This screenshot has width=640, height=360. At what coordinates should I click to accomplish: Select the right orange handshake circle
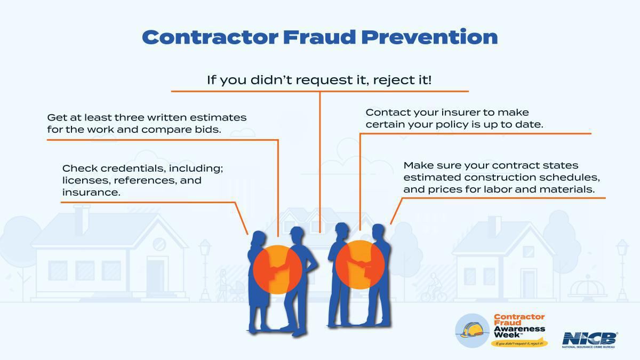(360, 265)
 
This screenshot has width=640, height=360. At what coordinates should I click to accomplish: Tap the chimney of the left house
(82, 219)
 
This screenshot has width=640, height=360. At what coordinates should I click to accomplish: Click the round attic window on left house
(159, 244)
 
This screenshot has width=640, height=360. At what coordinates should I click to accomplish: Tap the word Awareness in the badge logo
(519, 330)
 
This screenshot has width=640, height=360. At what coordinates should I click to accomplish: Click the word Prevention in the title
(429, 37)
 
